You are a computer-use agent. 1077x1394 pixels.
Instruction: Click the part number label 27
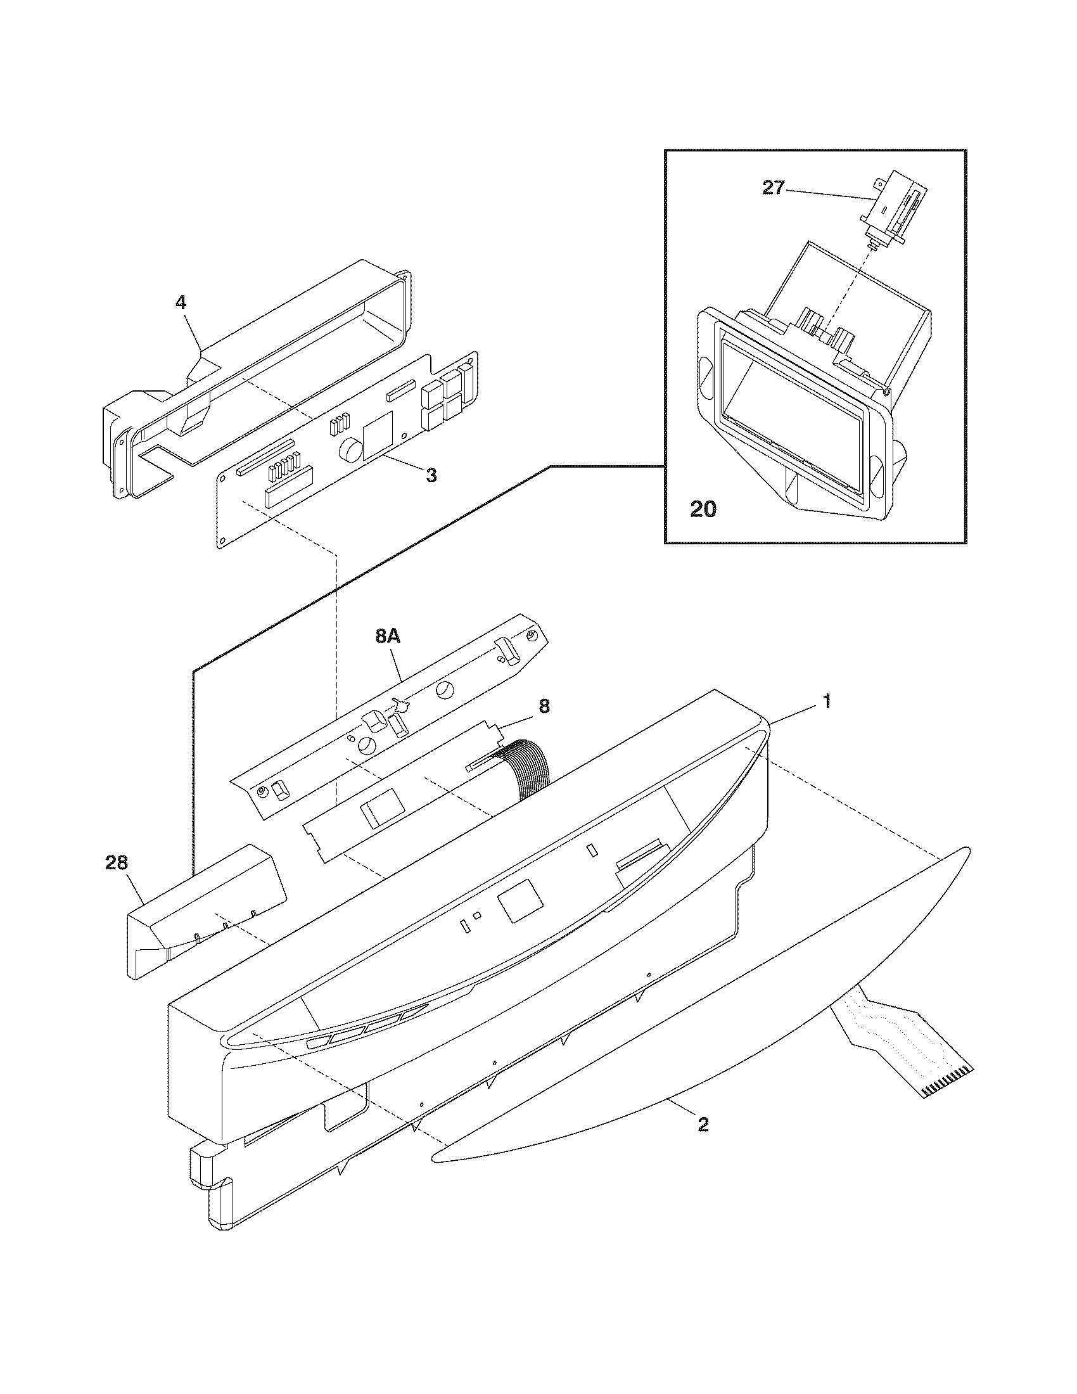[773, 188]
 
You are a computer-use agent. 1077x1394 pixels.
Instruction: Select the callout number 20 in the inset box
[703, 509]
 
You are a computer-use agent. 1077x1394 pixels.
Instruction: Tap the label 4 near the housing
[181, 302]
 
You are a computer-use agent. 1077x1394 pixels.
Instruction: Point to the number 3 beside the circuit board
[431, 475]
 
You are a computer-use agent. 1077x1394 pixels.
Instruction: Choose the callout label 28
[117, 863]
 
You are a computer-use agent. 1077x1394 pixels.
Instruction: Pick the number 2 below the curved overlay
[703, 1125]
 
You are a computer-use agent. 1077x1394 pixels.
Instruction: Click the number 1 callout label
[826, 701]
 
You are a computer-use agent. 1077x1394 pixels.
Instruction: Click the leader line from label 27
[826, 195]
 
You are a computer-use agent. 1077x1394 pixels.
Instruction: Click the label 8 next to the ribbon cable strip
[544, 706]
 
